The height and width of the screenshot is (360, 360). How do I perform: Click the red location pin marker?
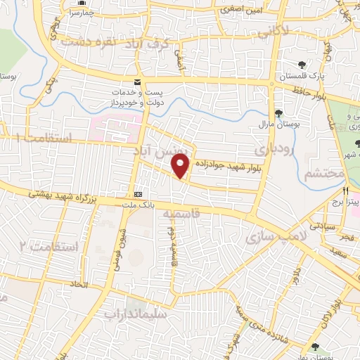[181, 165]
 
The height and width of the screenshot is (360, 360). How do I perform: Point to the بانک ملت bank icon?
[138, 193]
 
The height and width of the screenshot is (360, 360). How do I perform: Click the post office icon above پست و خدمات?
[139, 83]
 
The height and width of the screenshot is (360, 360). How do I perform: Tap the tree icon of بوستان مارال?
[279, 112]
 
